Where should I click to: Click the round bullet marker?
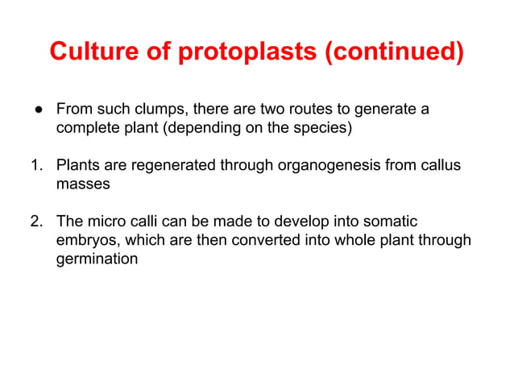[38, 108]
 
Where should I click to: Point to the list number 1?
[36, 166]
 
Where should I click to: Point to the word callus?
[441, 166]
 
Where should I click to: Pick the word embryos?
[83, 240]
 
